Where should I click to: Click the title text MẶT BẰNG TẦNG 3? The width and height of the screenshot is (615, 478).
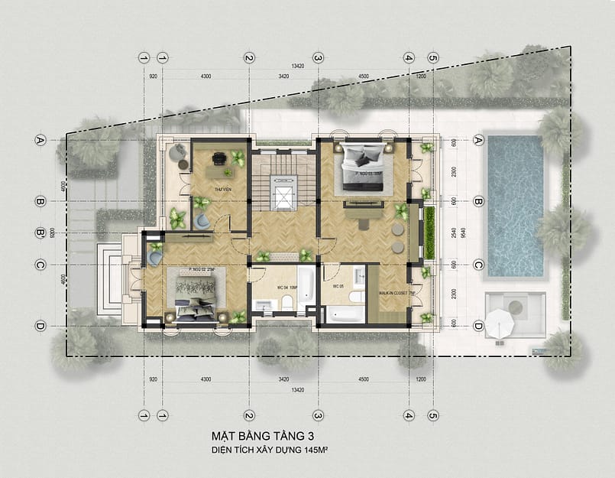pos(263,436)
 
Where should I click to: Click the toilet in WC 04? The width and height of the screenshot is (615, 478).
pos(286,303)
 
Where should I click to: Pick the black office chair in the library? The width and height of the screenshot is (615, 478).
pos(219,158)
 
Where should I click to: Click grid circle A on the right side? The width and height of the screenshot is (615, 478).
pos(479,140)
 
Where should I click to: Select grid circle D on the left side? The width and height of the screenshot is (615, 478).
pos(40,326)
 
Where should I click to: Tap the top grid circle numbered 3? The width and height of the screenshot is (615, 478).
pos(318,57)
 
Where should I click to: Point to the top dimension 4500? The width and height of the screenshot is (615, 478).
pos(363,76)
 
